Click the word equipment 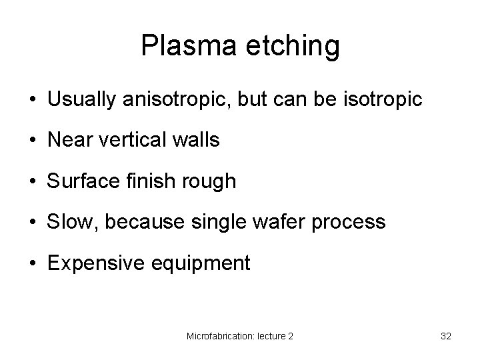[x=199, y=263]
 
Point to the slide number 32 [x=446, y=337]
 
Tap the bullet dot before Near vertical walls [x=32, y=141]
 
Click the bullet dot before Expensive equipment [x=32, y=263]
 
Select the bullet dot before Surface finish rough [x=32, y=181]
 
